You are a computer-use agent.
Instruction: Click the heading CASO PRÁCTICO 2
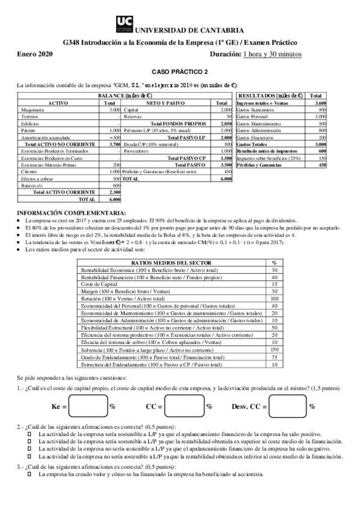coord(180,71)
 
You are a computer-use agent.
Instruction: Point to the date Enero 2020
coord(35,54)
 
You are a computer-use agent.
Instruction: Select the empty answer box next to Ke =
coord(87,406)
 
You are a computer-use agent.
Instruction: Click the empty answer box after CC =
coord(183,406)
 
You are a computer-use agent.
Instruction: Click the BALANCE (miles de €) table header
coord(125,96)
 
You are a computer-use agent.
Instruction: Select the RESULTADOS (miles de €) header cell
coord(270,96)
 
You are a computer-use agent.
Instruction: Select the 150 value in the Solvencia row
coord(275,349)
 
